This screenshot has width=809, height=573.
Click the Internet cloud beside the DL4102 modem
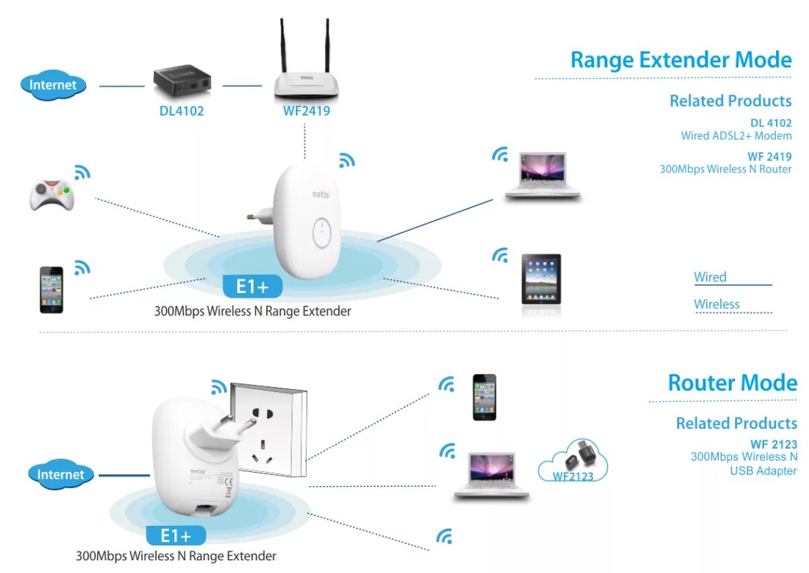pos(53,86)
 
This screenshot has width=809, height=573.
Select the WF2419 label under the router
pos(307,111)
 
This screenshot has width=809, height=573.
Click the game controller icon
pos(52,194)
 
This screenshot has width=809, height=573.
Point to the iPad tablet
pos(541,279)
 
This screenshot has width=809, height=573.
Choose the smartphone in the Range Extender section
pos(51,290)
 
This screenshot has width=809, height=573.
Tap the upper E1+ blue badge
pos(252,287)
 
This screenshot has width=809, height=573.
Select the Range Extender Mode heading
pos(681,60)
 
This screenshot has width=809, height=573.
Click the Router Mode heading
pos(732,383)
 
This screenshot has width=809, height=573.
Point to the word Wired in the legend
pos(710,277)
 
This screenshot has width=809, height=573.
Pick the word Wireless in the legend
pos(717,304)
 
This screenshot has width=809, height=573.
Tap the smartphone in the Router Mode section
pos(484,397)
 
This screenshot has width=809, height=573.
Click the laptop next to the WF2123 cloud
pos(491,475)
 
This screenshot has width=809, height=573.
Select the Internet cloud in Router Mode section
pos(61,475)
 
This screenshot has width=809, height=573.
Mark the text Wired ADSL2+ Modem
pos(736,135)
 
